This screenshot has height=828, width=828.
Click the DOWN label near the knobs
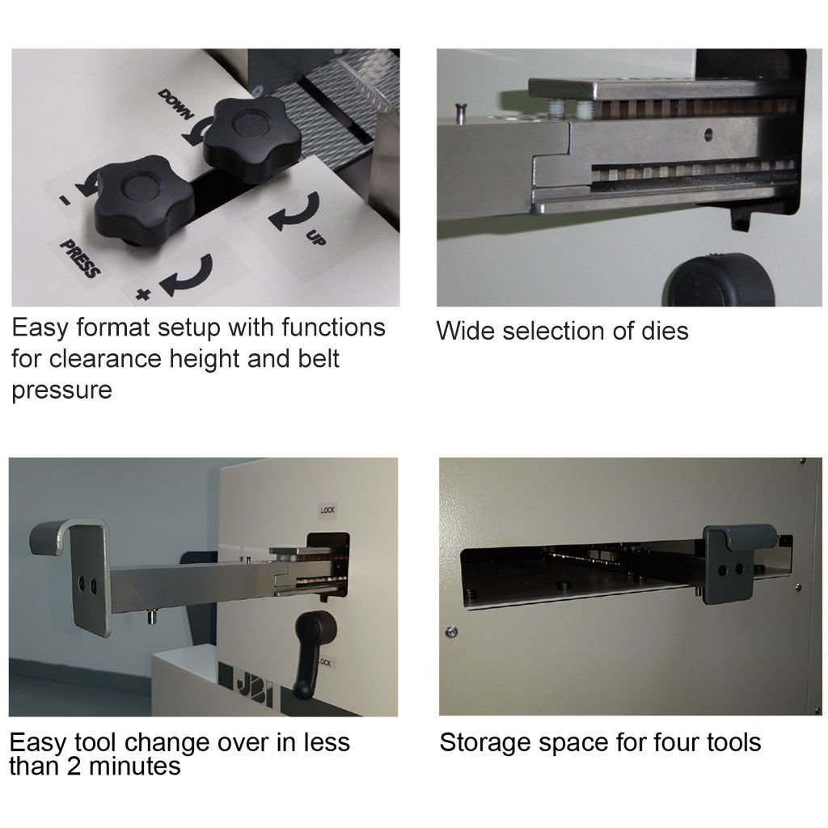point(175,104)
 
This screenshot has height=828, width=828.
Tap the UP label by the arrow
point(316,238)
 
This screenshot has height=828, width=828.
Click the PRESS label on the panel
point(79,258)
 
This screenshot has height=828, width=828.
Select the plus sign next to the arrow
point(142,294)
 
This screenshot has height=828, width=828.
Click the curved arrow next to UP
point(297,211)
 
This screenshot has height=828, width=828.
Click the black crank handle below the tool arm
point(312,653)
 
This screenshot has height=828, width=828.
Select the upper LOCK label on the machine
point(327,510)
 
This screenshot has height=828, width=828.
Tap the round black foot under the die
point(721,280)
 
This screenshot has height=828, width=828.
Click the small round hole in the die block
point(708,133)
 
